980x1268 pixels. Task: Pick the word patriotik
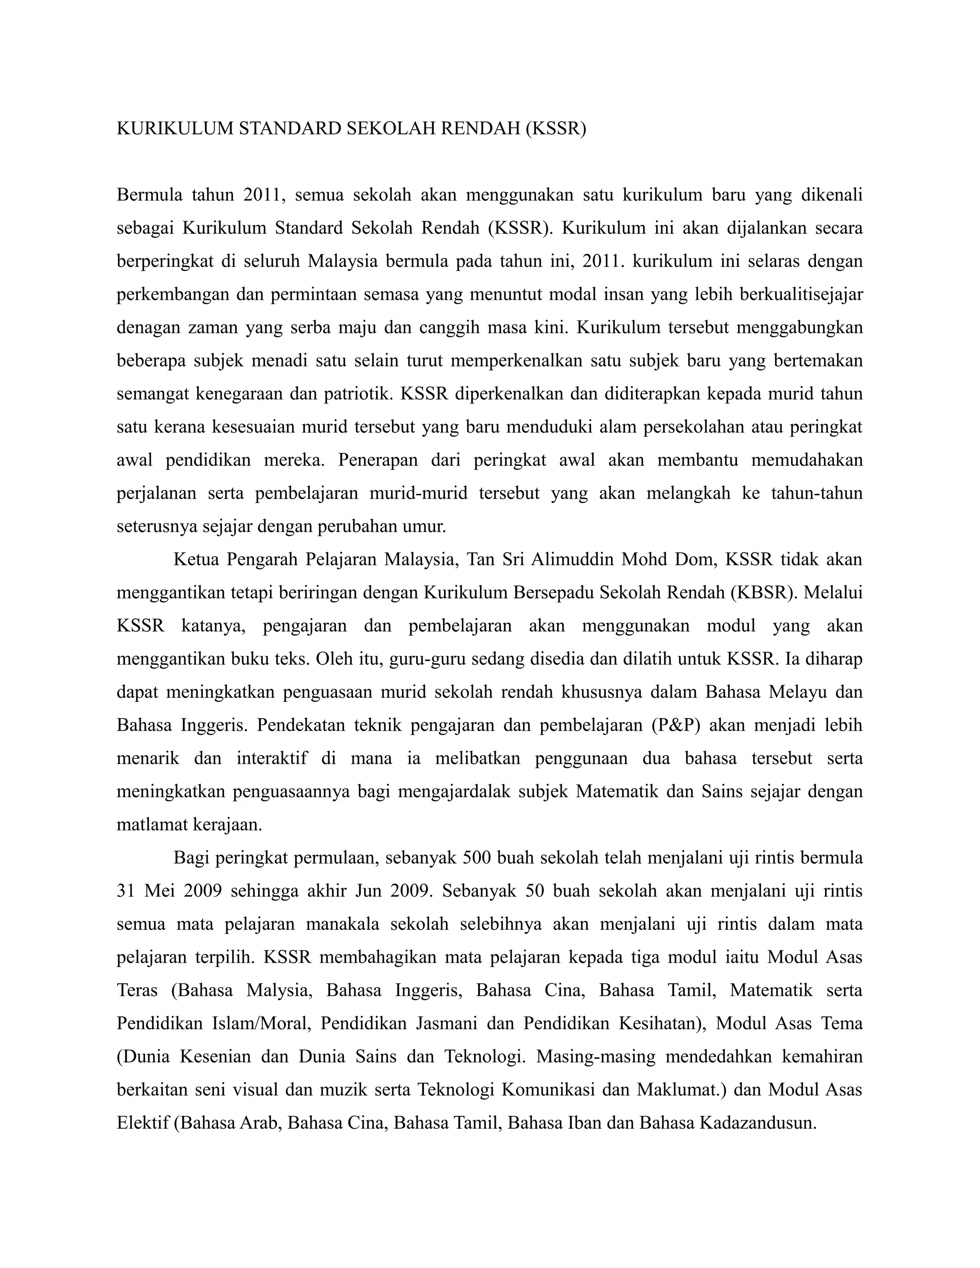pyautogui.click(x=354, y=394)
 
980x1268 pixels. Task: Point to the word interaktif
pyautogui.click(x=272, y=758)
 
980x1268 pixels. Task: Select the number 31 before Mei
pyautogui.click(x=126, y=890)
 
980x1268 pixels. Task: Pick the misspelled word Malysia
pyautogui.click(x=279, y=990)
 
